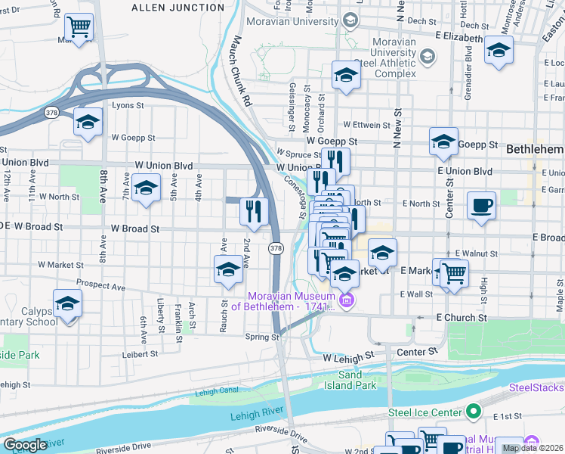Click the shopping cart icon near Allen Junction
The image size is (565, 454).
(x=79, y=28)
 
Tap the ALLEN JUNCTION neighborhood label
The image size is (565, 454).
(x=178, y=8)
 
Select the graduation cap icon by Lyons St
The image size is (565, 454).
(x=88, y=122)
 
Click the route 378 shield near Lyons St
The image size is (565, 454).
(x=51, y=113)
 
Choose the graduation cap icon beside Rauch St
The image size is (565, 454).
(x=228, y=269)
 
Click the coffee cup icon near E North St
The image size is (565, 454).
(x=481, y=205)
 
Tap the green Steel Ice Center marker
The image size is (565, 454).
(x=474, y=412)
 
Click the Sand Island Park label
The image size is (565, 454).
(x=356, y=380)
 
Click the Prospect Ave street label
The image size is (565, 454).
(x=100, y=288)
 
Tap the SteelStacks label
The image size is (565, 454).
(x=536, y=387)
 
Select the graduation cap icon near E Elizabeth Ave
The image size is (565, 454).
(x=499, y=51)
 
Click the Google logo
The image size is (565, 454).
(x=25, y=445)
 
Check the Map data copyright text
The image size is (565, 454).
(x=532, y=448)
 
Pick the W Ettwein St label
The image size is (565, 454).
(x=369, y=124)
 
